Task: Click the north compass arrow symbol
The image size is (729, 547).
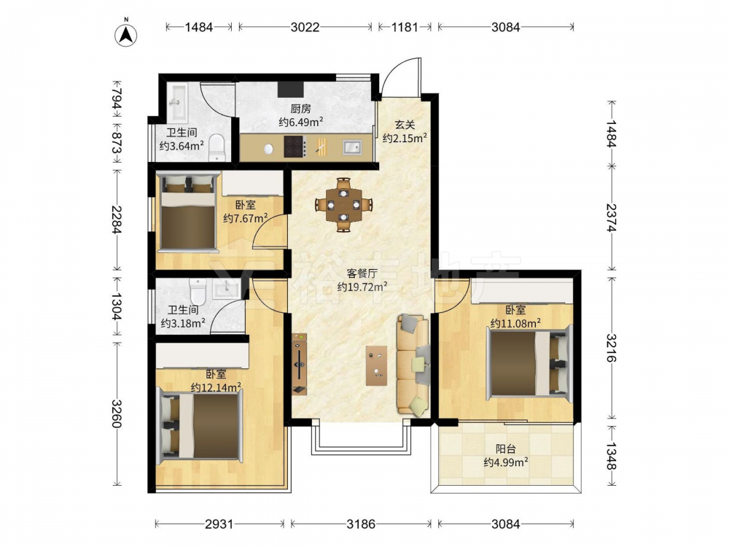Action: [126, 34]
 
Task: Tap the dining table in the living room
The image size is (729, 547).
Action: [343, 205]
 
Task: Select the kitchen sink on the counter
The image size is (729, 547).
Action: [352, 147]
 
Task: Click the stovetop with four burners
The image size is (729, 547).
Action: [295, 146]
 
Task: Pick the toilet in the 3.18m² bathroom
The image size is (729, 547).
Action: [198, 290]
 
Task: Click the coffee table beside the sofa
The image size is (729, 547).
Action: [377, 365]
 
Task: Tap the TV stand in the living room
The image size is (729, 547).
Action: [300, 364]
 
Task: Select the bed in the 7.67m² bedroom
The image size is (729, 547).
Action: [188, 212]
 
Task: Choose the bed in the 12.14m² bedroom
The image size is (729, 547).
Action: [200, 426]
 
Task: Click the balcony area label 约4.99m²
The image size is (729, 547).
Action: [505, 462]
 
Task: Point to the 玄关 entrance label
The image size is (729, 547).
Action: [405, 125]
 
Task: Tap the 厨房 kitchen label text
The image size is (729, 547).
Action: [300, 109]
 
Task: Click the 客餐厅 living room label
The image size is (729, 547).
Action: [362, 273]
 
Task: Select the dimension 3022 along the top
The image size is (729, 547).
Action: [305, 27]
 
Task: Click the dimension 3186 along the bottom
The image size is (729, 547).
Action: [361, 524]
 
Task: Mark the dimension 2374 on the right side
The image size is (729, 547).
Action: [611, 218]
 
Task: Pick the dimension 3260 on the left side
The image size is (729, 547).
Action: [116, 414]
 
